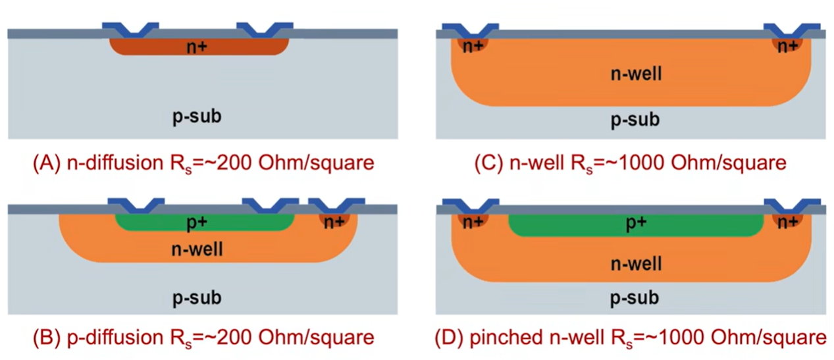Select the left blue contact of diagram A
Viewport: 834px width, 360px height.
[x=130, y=29]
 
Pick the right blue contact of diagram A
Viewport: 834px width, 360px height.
[x=265, y=29]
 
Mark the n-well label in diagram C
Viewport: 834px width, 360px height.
[x=635, y=73]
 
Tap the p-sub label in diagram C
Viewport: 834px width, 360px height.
[x=635, y=120]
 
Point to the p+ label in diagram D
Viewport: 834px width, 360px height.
[x=635, y=224]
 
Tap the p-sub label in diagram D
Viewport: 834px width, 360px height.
[x=635, y=297]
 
